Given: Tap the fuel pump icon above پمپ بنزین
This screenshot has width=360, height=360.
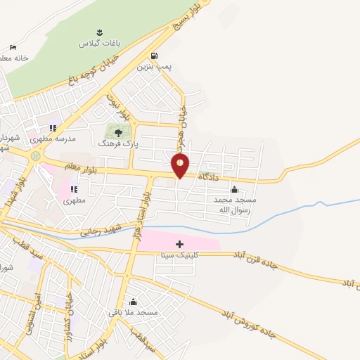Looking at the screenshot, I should point(154,56).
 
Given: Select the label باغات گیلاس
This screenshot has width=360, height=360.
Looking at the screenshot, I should point(100,43).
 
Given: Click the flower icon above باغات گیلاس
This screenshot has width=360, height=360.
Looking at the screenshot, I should point(99,32).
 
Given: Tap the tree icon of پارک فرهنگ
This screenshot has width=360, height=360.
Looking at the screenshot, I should point(118,131).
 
